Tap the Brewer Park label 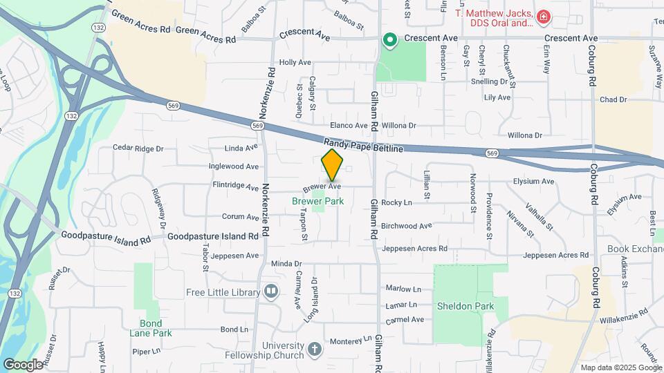[317, 201]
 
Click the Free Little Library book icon [271, 292]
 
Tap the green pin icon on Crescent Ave [390, 39]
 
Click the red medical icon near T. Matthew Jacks [544, 16]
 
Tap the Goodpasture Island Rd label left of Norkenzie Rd [105, 236]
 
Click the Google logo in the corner [23, 364]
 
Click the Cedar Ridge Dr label [138, 149]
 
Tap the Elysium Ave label [533, 182]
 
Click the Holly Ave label [295, 62]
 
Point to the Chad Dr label [613, 100]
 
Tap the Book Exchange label [635, 249]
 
